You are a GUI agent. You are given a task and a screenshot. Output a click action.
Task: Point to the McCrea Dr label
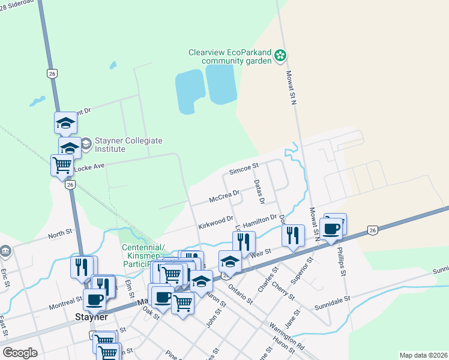tap(224, 196)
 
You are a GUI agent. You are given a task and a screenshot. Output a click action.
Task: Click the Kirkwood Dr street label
tap(215, 223)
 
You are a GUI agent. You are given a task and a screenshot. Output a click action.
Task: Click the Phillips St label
tap(342, 263)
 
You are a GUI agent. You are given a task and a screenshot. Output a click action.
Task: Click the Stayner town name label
tap(91, 317)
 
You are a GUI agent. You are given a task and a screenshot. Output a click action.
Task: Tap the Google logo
tap(20, 353)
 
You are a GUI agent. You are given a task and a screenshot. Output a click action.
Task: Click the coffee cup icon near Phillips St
tap(332, 229)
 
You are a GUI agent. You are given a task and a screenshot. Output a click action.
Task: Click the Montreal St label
tap(66, 300)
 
